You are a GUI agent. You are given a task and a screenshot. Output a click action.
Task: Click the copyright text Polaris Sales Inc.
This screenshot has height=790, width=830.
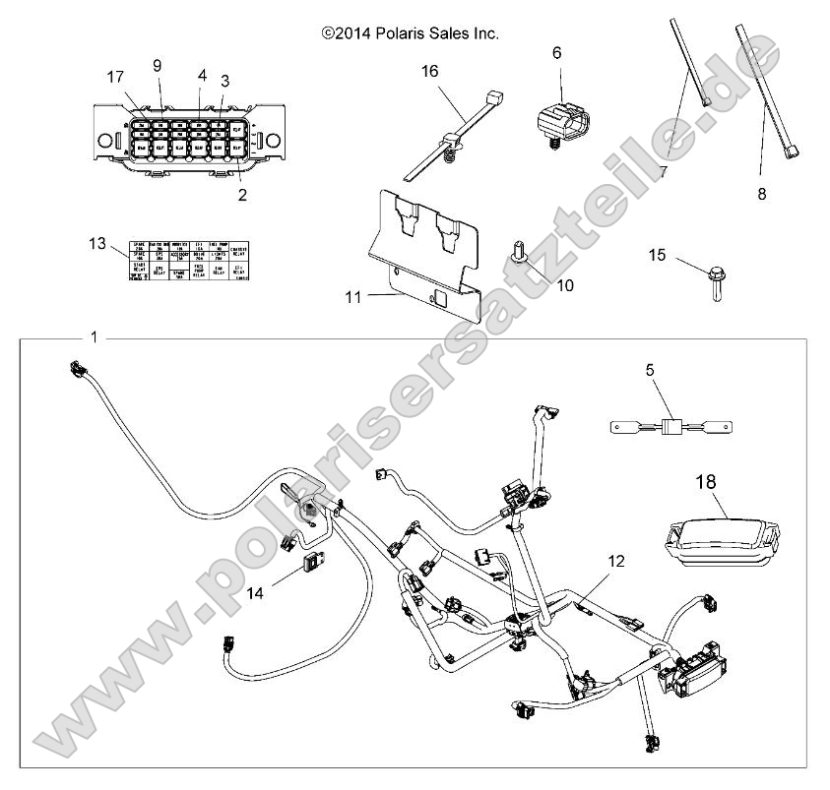tap(410, 33)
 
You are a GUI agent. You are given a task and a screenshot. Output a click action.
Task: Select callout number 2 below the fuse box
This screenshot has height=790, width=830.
tap(242, 195)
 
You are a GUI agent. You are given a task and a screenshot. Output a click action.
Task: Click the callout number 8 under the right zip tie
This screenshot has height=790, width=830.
tap(761, 194)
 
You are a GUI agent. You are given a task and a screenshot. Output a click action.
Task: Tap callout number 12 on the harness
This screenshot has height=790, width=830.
tap(615, 562)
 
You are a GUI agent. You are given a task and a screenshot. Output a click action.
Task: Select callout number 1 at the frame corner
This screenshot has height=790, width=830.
tap(95, 337)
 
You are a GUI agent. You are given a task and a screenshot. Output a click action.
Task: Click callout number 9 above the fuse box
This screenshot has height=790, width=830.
tap(156, 66)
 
